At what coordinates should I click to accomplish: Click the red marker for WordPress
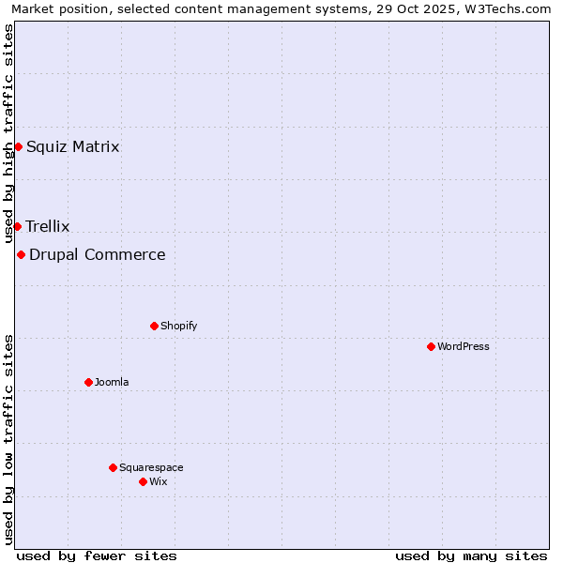(x=431, y=346)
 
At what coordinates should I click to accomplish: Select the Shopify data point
(x=154, y=326)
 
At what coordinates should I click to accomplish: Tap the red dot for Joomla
(x=88, y=382)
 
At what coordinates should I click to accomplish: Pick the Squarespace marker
(x=113, y=467)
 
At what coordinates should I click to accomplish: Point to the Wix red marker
(x=143, y=481)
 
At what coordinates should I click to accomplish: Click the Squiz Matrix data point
(x=18, y=146)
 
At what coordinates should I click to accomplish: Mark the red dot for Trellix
(x=17, y=226)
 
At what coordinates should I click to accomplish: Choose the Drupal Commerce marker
(x=21, y=254)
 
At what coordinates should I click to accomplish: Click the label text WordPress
(x=464, y=346)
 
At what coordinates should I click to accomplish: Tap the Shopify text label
(x=178, y=326)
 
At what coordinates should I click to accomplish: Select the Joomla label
(x=112, y=382)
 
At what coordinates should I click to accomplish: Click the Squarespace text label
(x=151, y=467)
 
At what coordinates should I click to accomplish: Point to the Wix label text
(x=158, y=481)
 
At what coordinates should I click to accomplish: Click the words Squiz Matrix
(x=73, y=146)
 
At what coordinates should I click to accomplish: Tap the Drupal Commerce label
(x=98, y=254)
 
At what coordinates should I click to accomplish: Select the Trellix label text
(x=48, y=226)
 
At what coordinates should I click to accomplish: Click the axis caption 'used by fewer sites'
(x=97, y=555)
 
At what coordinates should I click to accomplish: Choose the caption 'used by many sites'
(x=471, y=555)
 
